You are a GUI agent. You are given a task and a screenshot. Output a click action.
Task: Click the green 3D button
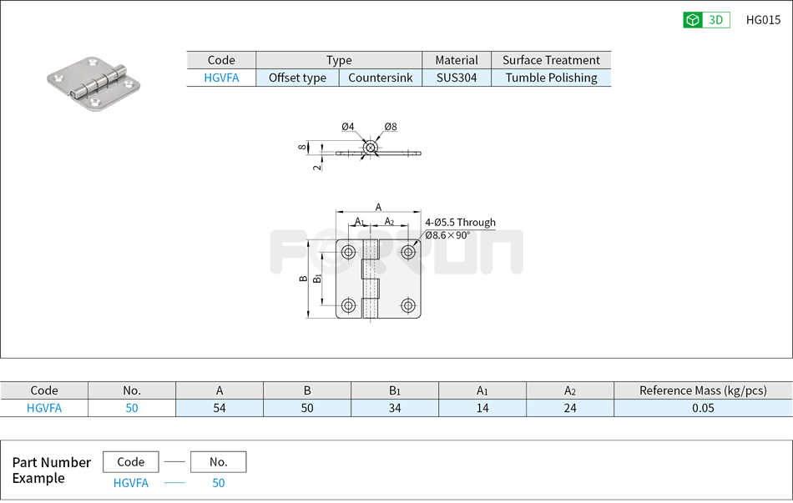[706, 20]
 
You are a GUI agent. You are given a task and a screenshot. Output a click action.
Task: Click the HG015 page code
[763, 20]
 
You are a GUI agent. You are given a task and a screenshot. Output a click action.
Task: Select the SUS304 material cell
[457, 78]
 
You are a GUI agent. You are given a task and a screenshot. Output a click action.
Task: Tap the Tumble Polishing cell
[551, 78]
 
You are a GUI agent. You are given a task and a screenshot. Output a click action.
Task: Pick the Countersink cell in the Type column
[380, 78]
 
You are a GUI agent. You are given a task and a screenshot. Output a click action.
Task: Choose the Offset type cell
[297, 78]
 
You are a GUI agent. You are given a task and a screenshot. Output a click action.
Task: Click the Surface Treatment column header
[551, 60]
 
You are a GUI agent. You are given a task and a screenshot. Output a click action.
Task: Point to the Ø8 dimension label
[391, 127]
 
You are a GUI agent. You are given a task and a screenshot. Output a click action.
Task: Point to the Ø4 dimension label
[348, 127]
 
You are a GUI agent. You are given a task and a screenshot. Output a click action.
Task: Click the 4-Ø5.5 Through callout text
[460, 223]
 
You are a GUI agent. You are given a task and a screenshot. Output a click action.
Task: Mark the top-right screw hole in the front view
[407, 252]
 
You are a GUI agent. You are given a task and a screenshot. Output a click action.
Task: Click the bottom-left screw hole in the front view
[348, 305]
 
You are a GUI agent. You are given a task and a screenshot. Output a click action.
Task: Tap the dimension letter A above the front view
[378, 207]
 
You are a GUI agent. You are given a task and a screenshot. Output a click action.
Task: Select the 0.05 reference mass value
[702, 408]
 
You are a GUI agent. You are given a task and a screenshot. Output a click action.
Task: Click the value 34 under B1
[395, 408]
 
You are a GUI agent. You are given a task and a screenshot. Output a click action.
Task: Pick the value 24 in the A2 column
[569, 408]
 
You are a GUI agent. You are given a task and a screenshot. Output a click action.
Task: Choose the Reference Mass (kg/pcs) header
[702, 390]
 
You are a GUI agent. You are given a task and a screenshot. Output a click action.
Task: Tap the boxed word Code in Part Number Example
[131, 462]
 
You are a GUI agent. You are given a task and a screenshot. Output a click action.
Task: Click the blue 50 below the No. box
[218, 483]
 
